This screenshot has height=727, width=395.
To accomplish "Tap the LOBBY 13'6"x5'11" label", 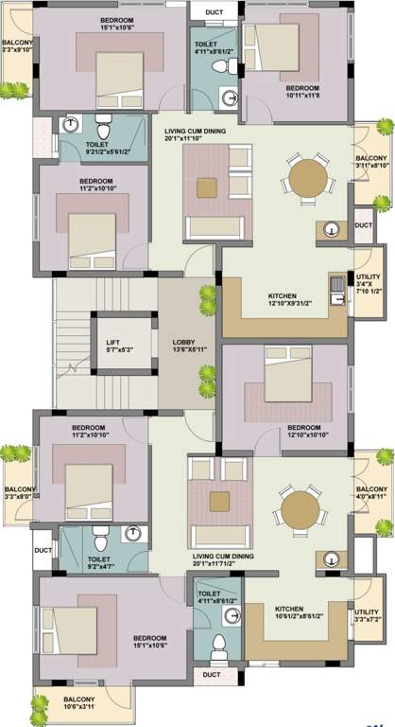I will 185,346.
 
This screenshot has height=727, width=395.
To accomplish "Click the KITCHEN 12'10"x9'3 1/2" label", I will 288,300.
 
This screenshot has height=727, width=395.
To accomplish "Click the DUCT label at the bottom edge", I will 211,676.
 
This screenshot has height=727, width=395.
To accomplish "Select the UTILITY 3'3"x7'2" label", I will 367,617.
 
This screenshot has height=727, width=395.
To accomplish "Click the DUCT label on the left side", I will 43,550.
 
